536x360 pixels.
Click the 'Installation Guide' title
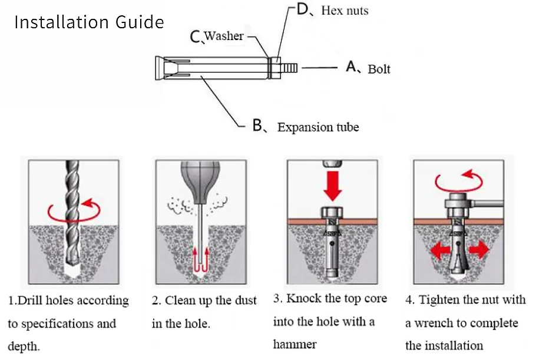[89, 22]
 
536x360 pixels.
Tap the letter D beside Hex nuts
[302, 9]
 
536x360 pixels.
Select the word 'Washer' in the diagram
[224, 35]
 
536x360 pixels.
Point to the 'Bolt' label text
[379, 69]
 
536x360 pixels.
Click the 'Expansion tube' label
[318, 127]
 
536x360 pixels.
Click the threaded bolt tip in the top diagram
[289, 68]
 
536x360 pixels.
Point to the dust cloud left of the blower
[179, 206]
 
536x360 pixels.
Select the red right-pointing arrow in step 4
[479, 249]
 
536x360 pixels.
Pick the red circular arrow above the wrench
[459, 181]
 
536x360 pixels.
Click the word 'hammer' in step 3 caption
[295, 344]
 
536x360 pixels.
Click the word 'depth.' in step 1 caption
[24, 346]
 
